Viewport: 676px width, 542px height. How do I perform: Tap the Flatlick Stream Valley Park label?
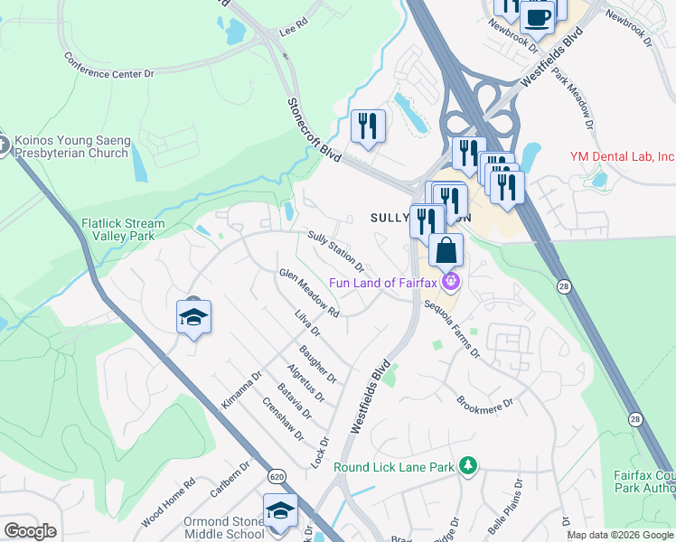point(123,229)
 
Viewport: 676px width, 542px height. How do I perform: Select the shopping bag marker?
point(446,250)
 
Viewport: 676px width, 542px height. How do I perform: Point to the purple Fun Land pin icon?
point(452,283)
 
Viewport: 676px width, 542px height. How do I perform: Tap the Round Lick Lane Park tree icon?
point(467,465)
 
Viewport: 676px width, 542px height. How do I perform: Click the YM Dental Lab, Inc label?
point(622,156)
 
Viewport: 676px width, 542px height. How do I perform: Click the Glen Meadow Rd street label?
point(309,294)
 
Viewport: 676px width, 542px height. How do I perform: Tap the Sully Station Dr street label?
point(335,251)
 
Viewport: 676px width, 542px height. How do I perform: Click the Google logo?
point(30,531)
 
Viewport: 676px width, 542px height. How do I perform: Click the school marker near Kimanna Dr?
point(193,317)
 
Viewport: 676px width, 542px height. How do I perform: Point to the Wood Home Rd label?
point(168,503)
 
